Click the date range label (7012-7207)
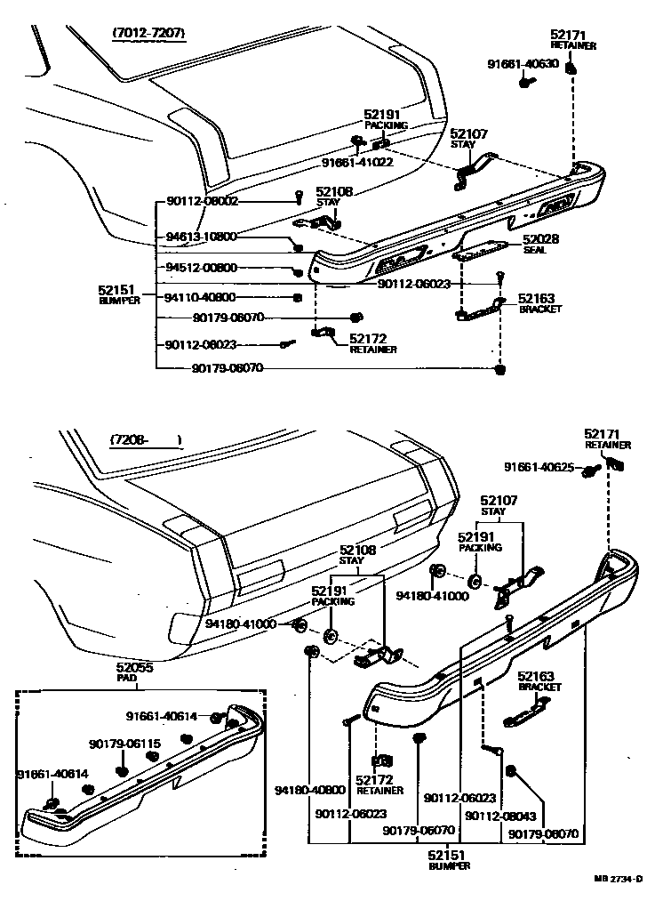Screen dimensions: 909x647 click(148, 34)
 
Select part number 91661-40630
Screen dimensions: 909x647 click(523, 63)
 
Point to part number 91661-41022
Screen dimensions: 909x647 click(357, 163)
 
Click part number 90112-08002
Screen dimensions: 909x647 click(203, 202)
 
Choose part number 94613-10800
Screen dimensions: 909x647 click(202, 237)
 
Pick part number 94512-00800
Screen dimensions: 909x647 click(202, 268)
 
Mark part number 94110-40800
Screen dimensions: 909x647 click(202, 297)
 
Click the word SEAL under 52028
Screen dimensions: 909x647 click(534, 250)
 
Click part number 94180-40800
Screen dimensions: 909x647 click(310, 789)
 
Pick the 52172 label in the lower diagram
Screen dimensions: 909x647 click(379, 780)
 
